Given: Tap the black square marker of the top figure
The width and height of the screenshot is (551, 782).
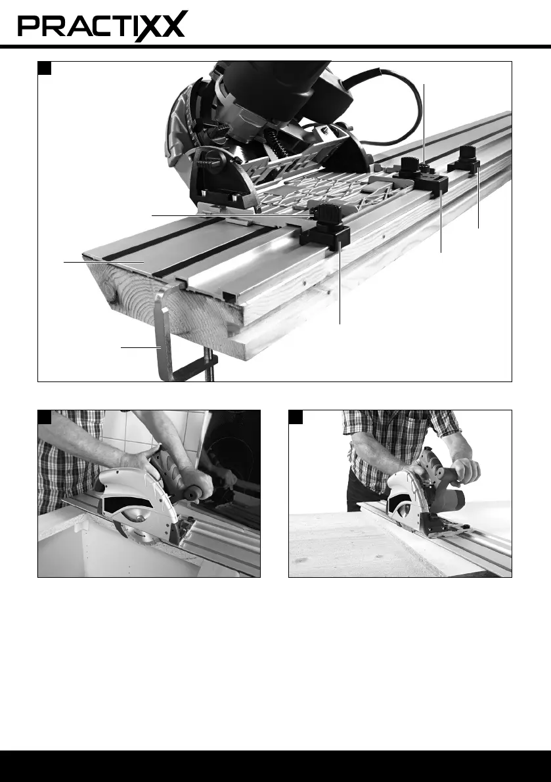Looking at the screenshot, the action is point(45,68).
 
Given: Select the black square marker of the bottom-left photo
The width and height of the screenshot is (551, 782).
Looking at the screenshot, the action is point(45,417).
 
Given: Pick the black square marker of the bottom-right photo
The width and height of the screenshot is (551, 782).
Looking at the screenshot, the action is point(296,417).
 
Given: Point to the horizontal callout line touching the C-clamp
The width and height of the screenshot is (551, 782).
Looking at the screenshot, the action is point(140,347).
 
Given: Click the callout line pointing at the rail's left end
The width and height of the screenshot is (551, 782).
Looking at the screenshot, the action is point(104,261).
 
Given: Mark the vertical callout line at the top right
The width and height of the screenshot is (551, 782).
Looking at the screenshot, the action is point(424,125).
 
